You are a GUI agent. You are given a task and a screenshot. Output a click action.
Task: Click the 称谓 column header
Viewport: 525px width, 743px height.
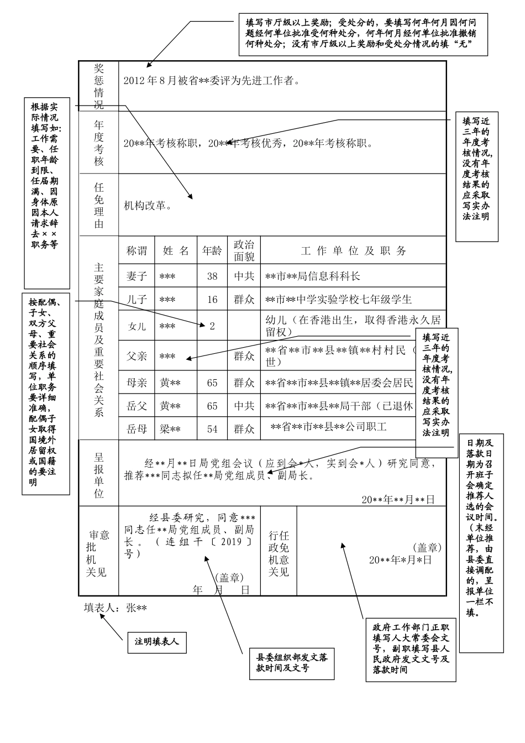136,250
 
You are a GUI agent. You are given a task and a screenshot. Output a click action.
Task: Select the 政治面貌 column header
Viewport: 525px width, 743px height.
244,250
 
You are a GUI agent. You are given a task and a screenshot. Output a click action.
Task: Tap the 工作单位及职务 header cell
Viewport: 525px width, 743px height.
353,250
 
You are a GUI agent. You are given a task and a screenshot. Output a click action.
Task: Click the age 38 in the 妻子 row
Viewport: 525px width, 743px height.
212,276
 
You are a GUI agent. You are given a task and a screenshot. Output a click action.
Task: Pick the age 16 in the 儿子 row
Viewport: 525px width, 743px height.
212,300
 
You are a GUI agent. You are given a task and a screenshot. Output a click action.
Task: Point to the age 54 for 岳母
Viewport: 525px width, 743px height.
212,429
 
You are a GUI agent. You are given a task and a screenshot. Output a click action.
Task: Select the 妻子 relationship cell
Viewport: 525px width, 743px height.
136,276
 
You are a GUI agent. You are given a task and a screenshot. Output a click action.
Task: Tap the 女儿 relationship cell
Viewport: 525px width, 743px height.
136,326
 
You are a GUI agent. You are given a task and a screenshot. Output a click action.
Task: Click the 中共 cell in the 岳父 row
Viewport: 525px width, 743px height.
244,406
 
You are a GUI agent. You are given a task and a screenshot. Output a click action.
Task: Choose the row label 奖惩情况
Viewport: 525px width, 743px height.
99,86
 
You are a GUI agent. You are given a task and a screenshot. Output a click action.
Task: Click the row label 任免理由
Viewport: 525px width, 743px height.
99,206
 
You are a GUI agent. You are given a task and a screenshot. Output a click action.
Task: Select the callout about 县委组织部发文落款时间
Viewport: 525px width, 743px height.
292,663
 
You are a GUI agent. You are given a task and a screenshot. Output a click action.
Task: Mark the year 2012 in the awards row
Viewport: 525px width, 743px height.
133,81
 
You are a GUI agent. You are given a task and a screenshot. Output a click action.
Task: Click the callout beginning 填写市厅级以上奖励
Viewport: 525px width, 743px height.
363,34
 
